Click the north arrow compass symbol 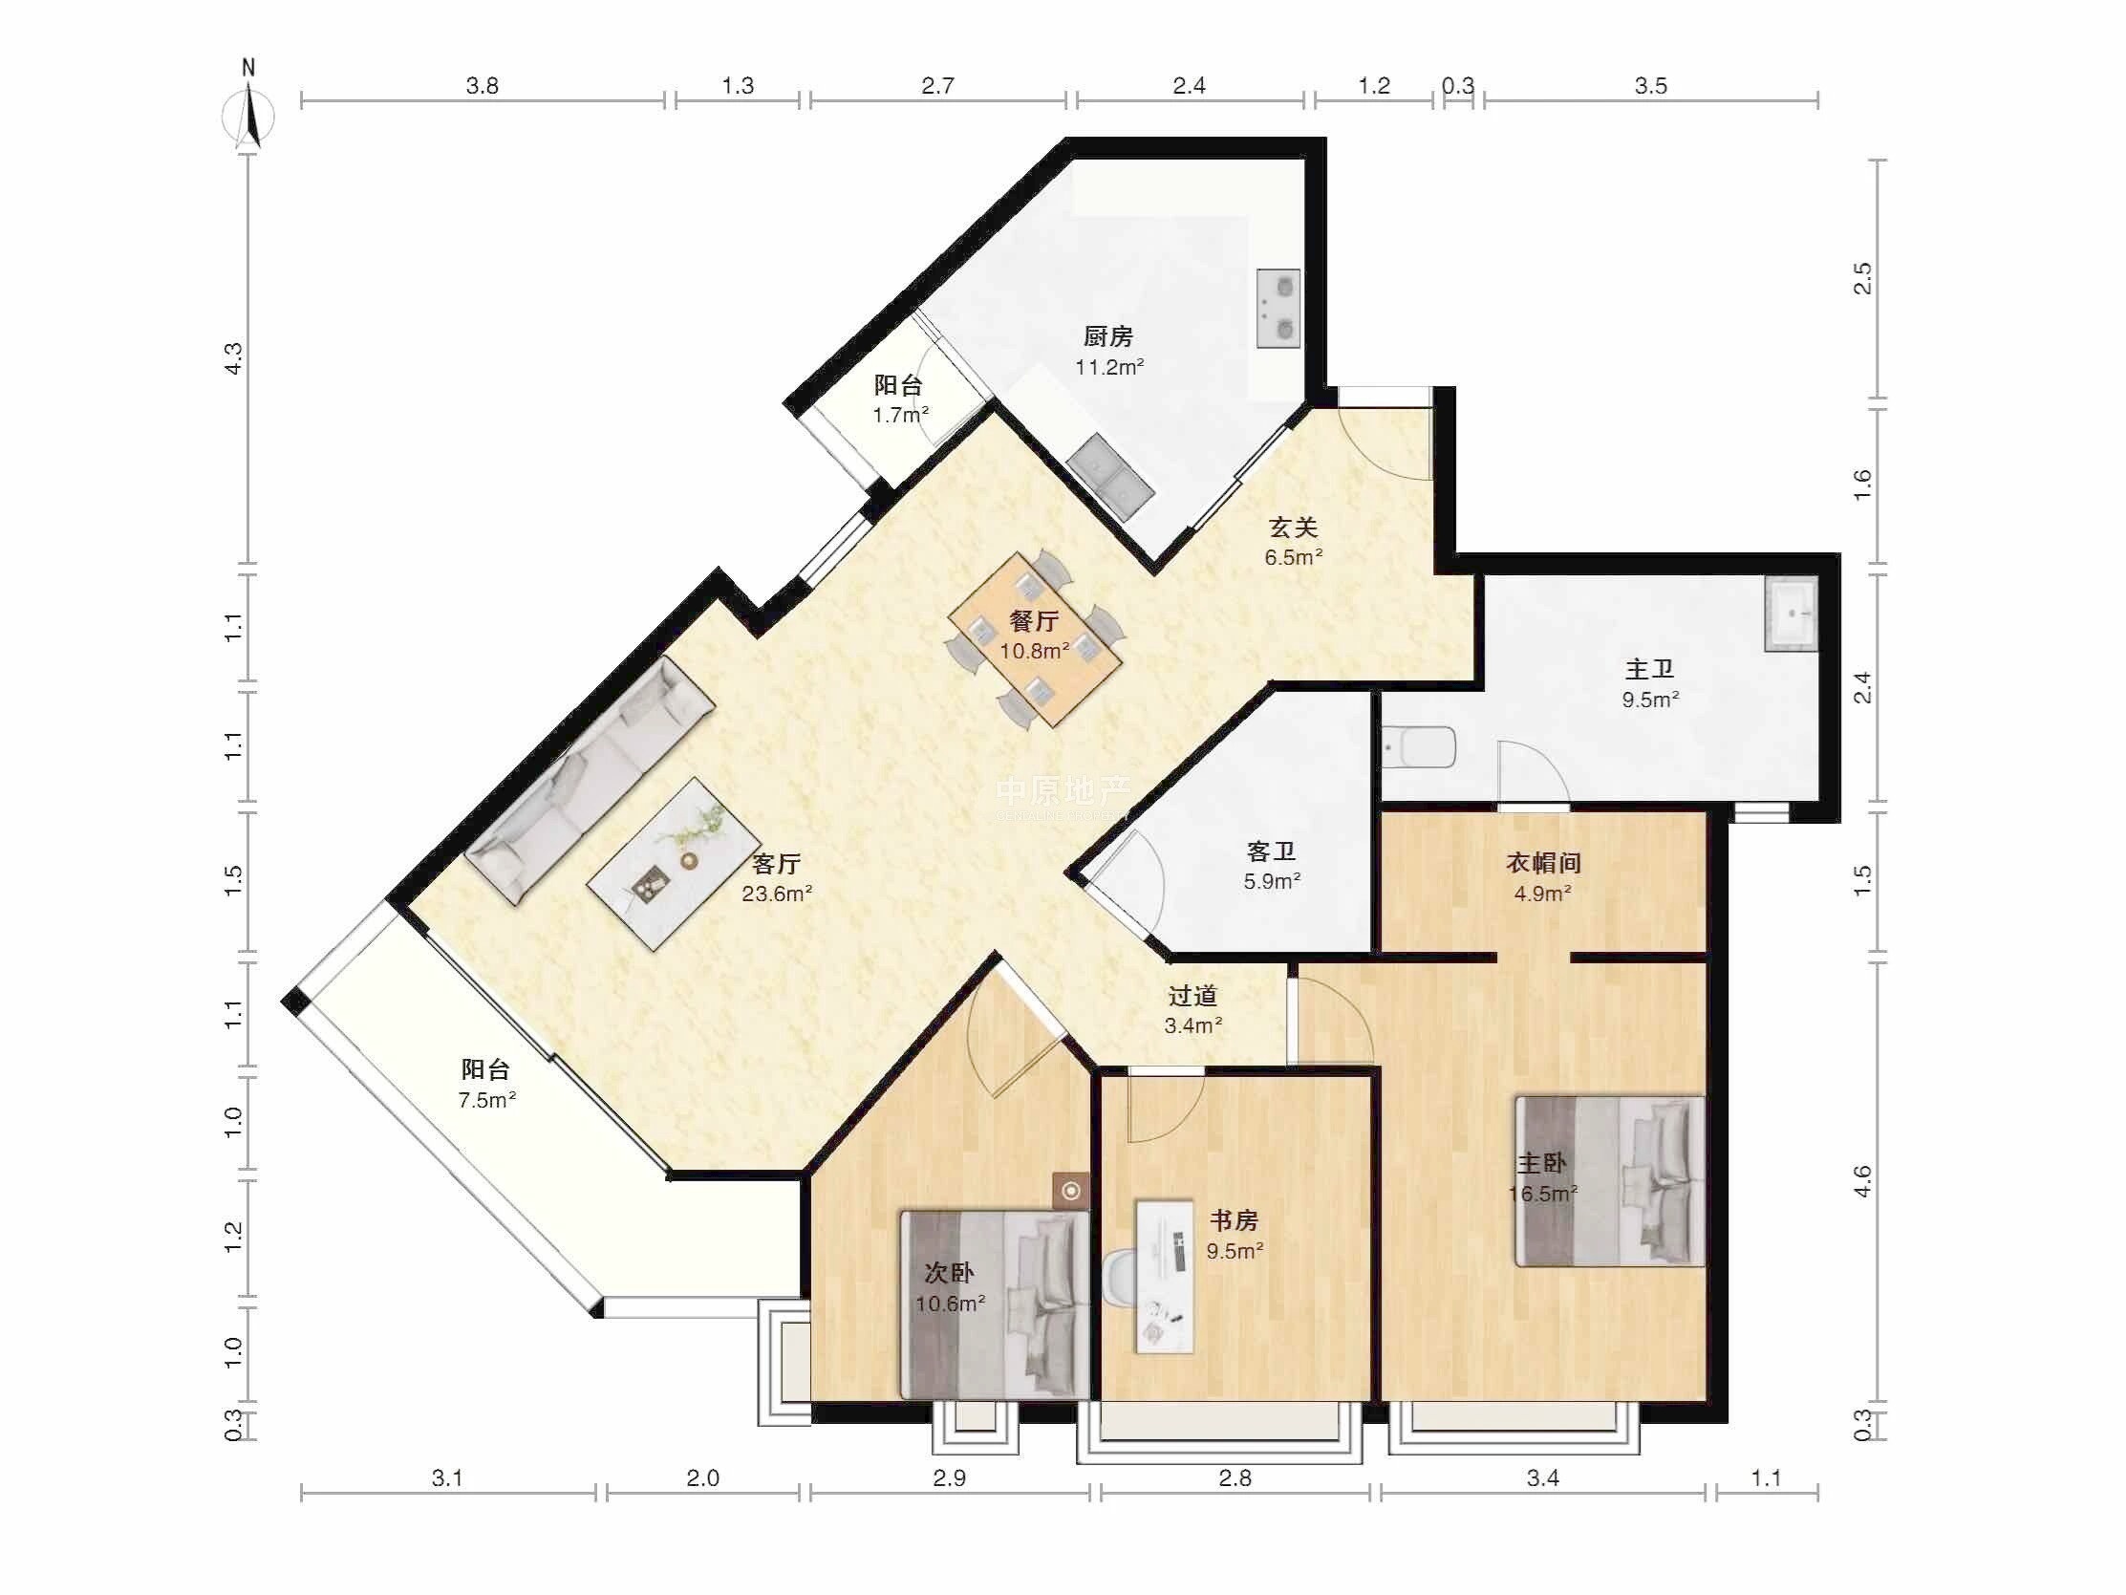[249, 114]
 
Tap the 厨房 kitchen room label [1108, 336]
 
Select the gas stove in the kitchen [1278, 309]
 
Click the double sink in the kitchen [1110, 478]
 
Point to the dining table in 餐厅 [1034, 638]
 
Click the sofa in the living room [591, 780]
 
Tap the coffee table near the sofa [671, 863]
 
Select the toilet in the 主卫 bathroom [1420, 747]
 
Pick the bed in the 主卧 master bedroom [1610, 1181]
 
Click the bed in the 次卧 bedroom [995, 1304]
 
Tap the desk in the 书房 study [1165, 1276]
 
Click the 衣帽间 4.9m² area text [1542, 894]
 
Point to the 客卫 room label [1271, 851]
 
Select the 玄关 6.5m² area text [1294, 557]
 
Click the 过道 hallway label [1192, 996]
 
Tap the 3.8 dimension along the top [483, 86]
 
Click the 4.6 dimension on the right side [1861, 1180]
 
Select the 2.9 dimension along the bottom [950, 1477]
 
